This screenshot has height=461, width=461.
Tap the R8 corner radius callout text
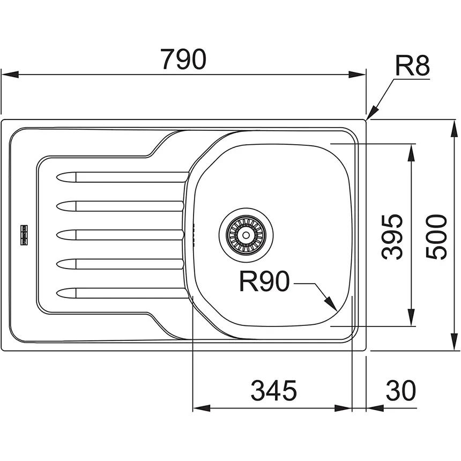[x=413, y=67]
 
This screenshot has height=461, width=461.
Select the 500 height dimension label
[x=437, y=236]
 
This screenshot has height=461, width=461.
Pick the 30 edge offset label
[x=400, y=391]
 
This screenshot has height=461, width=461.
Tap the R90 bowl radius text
[x=264, y=281]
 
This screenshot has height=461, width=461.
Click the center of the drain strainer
[x=246, y=234]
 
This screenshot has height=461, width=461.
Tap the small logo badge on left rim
[x=24, y=234]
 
